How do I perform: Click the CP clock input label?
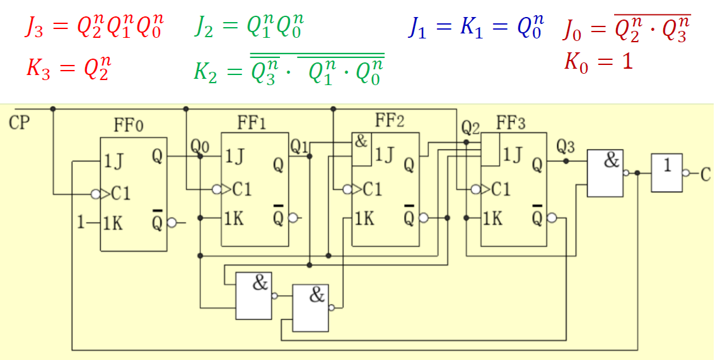pos(20,122)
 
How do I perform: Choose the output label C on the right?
pos(706,175)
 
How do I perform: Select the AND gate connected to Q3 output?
pos(605,173)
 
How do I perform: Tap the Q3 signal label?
pos(566,147)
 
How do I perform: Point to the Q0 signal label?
pos(200,147)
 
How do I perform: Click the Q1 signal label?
pos(299,146)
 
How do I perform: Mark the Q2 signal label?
pos(470,128)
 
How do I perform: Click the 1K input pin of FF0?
pos(113,223)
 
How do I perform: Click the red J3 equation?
pos(93,28)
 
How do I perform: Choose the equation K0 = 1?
pos(598,62)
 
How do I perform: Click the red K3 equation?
pos(68,68)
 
